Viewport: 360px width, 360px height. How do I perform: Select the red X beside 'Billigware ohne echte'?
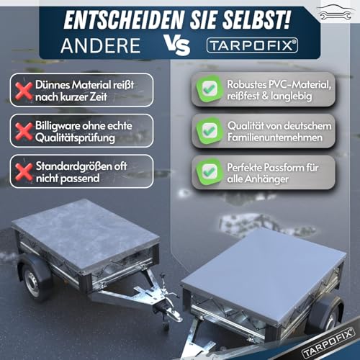[x=22, y=132]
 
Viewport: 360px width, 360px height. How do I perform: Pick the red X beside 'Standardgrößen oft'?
[x=22, y=172]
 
